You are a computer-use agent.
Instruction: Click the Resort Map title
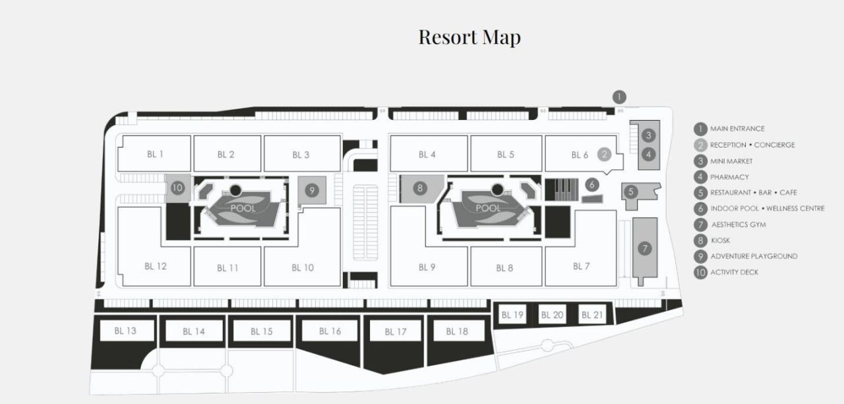pyautogui.click(x=469, y=38)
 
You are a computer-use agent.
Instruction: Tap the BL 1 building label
pyautogui.click(x=155, y=154)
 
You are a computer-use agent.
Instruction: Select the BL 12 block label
pyautogui.click(x=155, y=266)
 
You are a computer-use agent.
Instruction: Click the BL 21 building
pyautogui.click(x=592, y=314)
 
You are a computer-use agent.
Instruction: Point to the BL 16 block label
pyautogui.click(x=330, y=331)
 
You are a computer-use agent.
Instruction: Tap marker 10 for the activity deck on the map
pyautogui.click(x=177, y=188)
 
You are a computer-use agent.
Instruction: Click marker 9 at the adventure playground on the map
pyautogui.click(x=312, y=190)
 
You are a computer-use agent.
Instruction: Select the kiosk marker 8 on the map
pyautogui.click(x=420, y=188)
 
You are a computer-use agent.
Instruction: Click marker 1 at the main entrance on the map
pyautogui.click(x=619, y=97)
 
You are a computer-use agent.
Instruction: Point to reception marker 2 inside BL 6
pyautogui.click(x=605, y=154)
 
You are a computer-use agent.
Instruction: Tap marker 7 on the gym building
pyautogui.click(x=645, y=248)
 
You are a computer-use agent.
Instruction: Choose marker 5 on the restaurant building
pyautogui.click(x=631, y=192)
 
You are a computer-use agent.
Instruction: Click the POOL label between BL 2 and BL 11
pyautogui.click(x=243, y=208)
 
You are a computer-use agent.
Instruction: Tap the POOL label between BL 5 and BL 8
pyautogui.click(x=488, y=208)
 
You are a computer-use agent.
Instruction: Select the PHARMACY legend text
pyautogui.click(x=729, y=177)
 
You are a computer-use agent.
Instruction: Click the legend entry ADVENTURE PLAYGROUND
pyautogui.click(x=754, y=256)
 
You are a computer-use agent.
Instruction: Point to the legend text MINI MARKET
pyautogui.click(x=731, y=161)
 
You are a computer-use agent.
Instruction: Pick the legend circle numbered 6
pyautogui.click(x=700, y=208)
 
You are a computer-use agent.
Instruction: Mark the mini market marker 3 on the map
pyautogui.click(x=648, y=135)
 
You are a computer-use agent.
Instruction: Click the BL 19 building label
pyautogui.click(x=512, y=315)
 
